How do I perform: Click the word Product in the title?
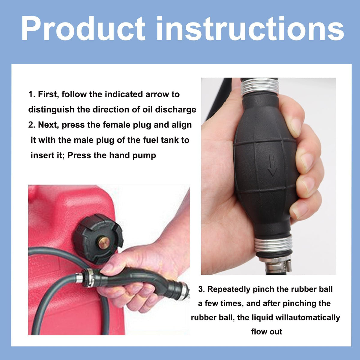tap(83, 28)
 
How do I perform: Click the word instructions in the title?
tap(250, 28)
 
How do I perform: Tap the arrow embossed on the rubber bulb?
tap(271, 165)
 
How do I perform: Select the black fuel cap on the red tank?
tap(98, 239)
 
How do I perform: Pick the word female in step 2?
tap(116, 125)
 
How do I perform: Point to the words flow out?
tap(267, 332)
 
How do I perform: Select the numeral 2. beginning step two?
tap(32, 125)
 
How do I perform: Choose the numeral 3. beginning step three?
tap(202, 289)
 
